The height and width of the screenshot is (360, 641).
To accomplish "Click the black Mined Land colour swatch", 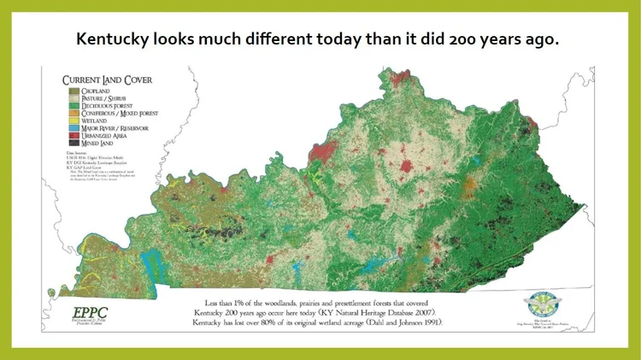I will [73, 144].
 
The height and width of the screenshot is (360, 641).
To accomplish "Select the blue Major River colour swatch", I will [73, 128].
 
